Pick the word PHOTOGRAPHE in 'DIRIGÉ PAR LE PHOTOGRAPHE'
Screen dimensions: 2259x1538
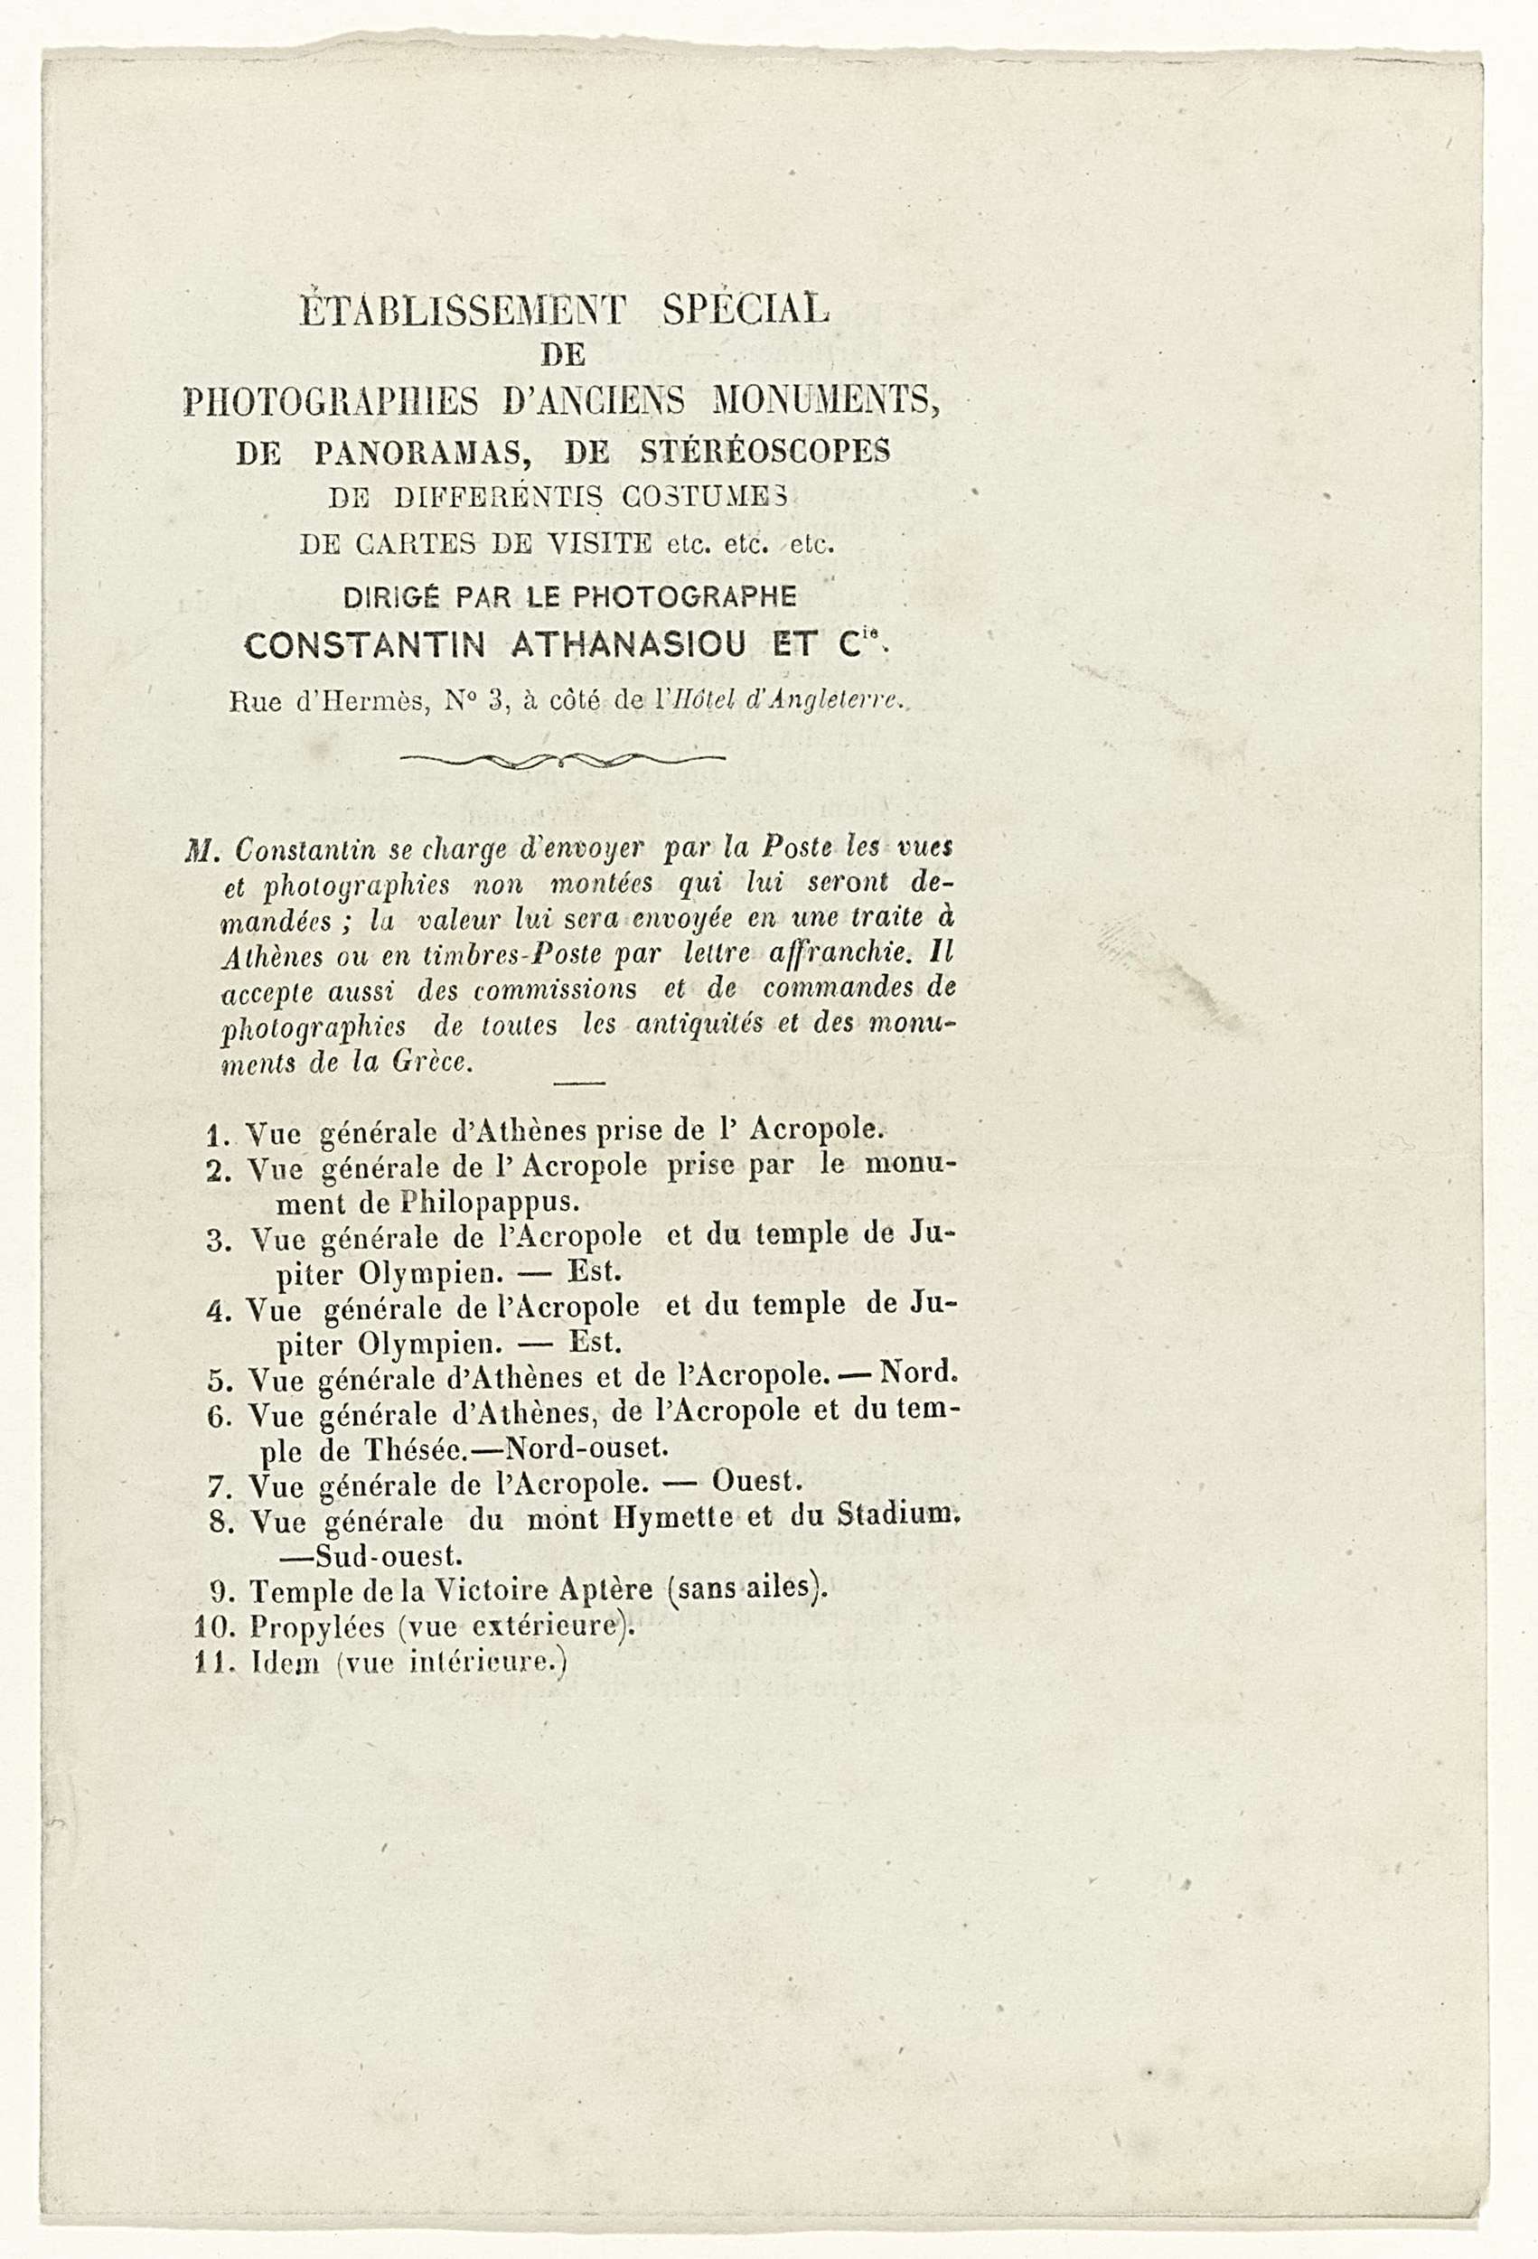click(687, 596)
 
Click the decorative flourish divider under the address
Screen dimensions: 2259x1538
click(562, 758)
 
